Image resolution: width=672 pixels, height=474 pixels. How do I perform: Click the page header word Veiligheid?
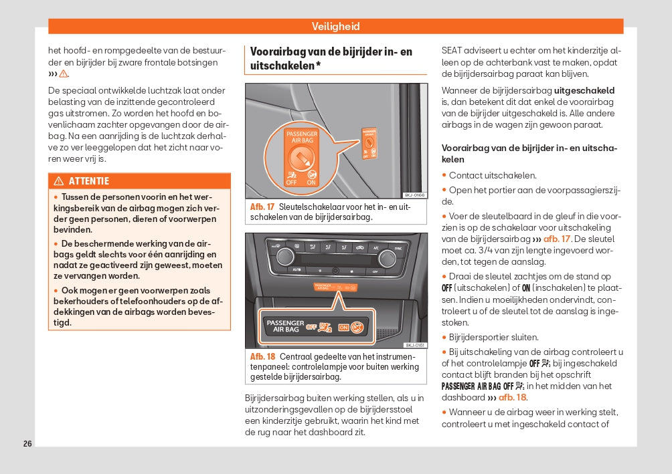coord(335,27)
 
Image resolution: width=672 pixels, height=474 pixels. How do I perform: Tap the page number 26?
coord(27,444)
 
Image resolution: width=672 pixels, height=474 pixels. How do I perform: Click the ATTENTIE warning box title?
coord(88,181)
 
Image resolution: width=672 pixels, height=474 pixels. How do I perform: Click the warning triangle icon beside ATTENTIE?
coord(59,181)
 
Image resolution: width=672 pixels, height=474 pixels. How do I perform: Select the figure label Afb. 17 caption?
coord(262,207)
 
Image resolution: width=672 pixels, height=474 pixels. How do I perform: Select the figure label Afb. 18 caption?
coord(262,356)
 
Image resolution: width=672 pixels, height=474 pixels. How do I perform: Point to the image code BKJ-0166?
coord(415,195)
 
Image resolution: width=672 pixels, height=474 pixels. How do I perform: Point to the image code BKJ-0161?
coord(415,345)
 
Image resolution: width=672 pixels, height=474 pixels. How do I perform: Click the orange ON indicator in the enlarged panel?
coord(343,328)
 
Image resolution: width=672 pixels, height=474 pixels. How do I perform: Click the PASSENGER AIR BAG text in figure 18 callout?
coord(286,326)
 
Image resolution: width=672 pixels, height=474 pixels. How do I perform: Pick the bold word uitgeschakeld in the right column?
coord(584,90)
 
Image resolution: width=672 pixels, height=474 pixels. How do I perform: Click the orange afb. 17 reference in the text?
coord(556,239)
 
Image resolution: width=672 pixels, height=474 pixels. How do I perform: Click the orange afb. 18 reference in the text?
coord(512,398)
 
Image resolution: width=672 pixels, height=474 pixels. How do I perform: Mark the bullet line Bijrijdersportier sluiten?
coord(493,338)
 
